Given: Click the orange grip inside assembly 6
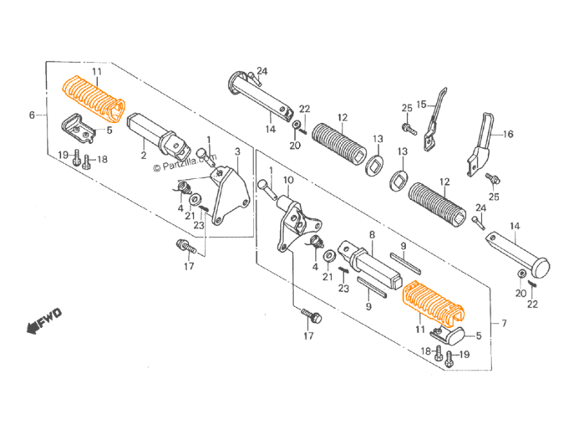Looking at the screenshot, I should (x=94, y=97).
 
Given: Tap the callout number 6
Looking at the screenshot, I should (x=31, y=115).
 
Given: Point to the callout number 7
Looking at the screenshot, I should (x=504, y=323).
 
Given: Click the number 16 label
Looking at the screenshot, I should (x=508, y=133).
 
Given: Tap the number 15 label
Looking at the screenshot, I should (x=421, y=104).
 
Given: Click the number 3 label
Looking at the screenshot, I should (x=237, y=151).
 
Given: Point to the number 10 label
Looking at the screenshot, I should (x=288, y=180).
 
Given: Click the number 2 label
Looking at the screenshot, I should (x=143, y=156).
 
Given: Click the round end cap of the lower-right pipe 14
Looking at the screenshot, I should (x=540, y=269).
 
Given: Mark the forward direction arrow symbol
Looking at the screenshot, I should (x=45, y=320).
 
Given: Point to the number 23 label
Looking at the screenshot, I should (x=343, y=289).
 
